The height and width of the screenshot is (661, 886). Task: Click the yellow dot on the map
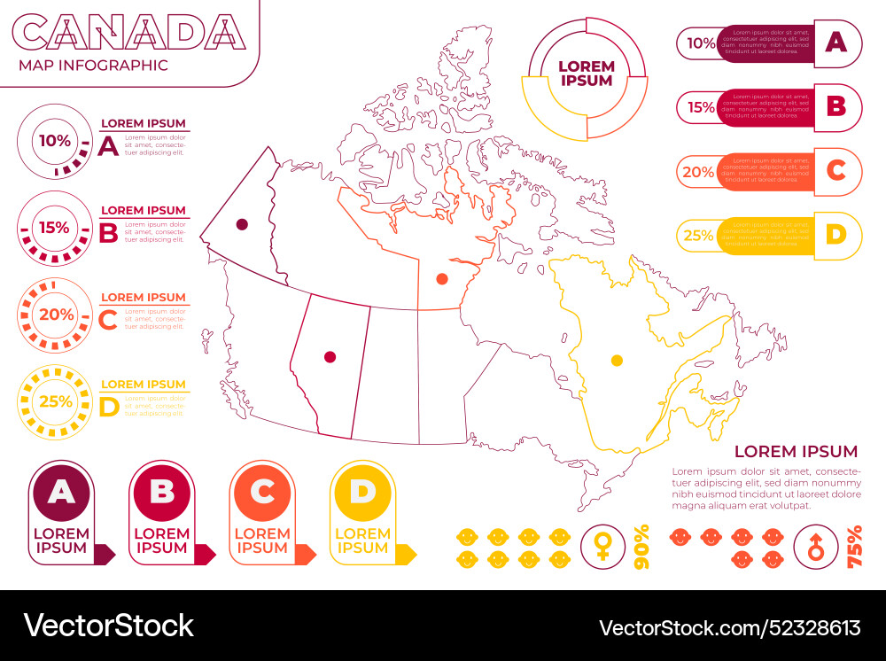point(617,361)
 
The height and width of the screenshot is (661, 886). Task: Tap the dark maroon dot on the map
point(241,225)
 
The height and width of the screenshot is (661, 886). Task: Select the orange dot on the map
point(442,279)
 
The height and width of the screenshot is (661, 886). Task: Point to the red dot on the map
point(330,357)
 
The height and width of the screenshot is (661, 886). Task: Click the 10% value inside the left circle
point(54,140)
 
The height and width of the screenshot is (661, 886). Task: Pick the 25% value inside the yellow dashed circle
point(55,401)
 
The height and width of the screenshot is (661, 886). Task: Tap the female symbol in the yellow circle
point(602,545)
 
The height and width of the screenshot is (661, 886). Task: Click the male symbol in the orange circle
point(816,545)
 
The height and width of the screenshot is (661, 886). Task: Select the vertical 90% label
point(642,546)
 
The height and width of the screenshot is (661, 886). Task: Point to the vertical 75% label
point(855,546)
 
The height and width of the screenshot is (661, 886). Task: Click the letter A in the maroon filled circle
point(61,492)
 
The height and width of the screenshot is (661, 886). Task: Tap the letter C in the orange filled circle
point(262,492)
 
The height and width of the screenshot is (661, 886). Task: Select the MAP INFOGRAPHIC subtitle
point(93,65)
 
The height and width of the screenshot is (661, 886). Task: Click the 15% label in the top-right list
point(701,107)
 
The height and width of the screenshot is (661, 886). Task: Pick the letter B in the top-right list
point(836,107)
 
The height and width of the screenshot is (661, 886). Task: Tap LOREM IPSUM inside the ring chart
point(587,74)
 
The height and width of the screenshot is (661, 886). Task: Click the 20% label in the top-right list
point(698,172)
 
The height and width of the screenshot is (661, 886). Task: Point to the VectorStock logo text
point(108,626)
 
